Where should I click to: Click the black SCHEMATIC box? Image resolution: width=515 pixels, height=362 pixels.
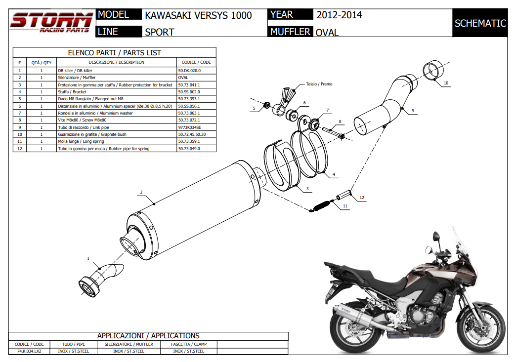(480, 23)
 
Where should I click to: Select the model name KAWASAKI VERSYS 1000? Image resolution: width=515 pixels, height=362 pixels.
(198, 15)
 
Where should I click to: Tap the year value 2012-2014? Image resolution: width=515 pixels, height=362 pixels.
(339, 15)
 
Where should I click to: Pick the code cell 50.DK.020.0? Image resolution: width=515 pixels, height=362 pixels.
(189, 71)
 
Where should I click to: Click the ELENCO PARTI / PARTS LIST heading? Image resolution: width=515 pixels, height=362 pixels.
(114, 52)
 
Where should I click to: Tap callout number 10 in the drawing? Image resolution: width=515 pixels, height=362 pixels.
(446, 83)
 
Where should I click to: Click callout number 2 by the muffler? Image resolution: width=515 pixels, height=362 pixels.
(141, 192)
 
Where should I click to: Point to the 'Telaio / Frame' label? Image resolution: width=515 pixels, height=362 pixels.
(319, 84)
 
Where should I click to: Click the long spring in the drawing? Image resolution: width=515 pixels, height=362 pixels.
(321, 205)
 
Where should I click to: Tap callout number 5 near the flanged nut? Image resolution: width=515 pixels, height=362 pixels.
(254, 108)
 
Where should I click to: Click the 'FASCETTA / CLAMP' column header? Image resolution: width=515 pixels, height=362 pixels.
(188, 344)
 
